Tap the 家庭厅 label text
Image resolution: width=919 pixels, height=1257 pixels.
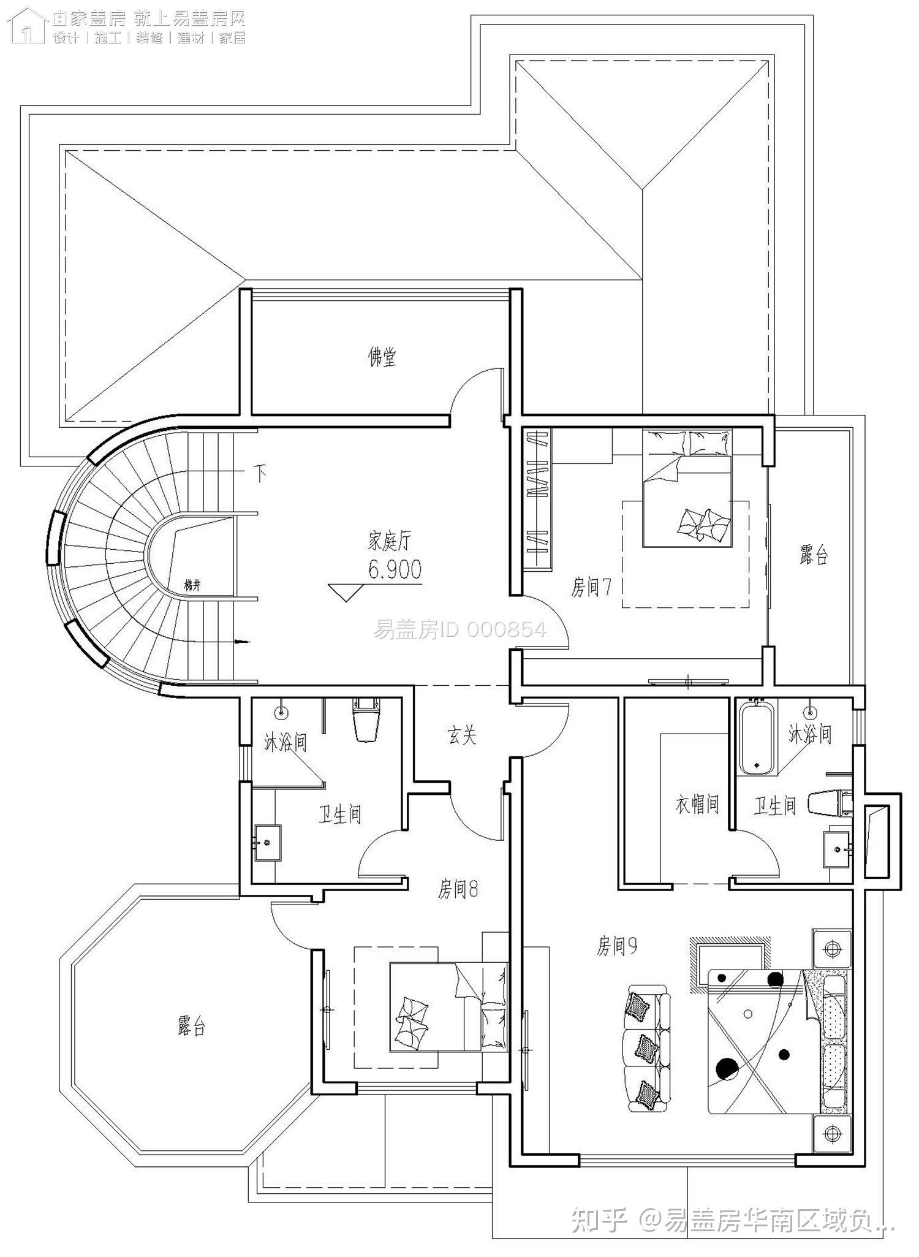click(x=390, y=541)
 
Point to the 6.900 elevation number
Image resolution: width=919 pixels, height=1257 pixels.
click(x=395, y=570)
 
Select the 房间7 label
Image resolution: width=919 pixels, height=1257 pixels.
click(x=591, y=588)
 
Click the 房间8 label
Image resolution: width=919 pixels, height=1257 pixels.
click(x=458, y=889)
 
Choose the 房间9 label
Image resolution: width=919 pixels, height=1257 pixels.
click(x=617, y=946)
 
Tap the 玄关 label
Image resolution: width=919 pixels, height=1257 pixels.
click(x=462, y=735)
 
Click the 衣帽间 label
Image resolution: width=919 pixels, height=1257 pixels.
click(x=697, y=805)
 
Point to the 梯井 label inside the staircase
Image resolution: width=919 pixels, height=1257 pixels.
click(x=192, y=586)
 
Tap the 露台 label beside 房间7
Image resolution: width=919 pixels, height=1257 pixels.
click(x=814, y=555)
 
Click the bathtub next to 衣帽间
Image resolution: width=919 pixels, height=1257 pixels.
click(x=757, y=739)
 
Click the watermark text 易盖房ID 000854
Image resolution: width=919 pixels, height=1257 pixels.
click(x=459, y=629)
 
